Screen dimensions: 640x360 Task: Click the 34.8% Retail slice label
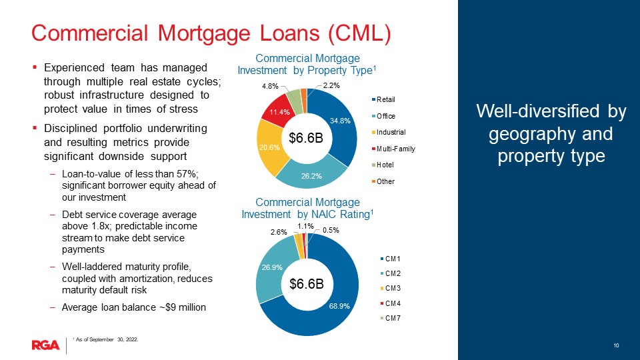[340, 121]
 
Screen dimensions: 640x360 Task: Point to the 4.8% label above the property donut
[270, 86]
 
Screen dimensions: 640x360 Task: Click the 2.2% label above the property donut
[331, 85]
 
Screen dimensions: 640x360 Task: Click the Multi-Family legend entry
[393, 149]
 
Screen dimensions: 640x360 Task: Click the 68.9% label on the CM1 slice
[339, 306]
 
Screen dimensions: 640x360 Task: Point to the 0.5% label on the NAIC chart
[331, 230]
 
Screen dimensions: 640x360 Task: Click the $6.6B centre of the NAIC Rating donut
[307, 284]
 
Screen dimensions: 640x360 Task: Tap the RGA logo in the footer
[46, 345]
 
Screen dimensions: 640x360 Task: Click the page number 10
[616, 345]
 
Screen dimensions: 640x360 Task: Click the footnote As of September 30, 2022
[107, 339]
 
